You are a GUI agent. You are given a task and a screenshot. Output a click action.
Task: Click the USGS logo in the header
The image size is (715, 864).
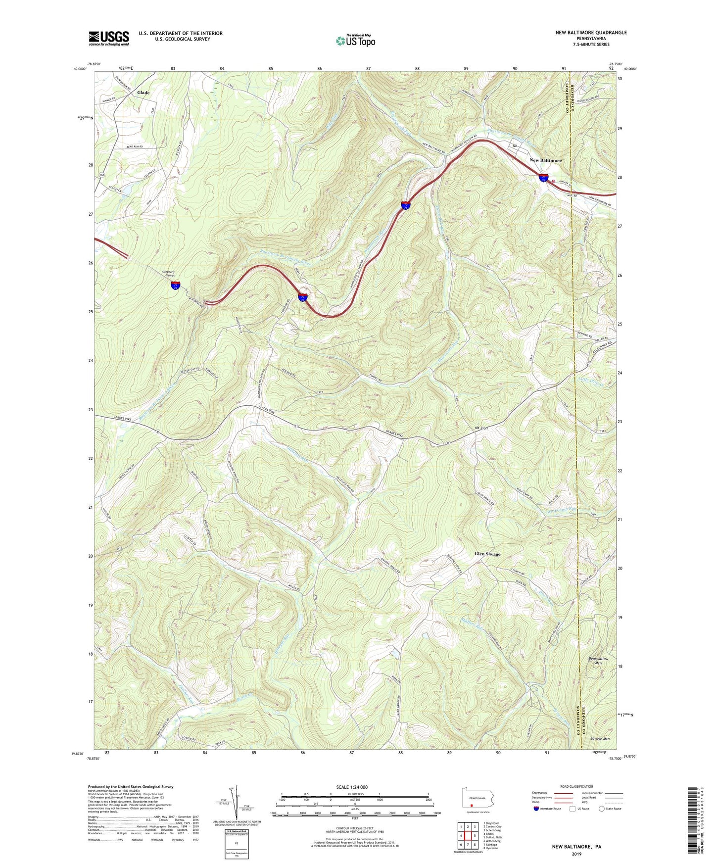pyautogui.click(x=109, y=38)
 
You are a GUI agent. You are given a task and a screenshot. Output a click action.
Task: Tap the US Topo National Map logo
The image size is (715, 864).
pyautogui.click(x=355, y=41)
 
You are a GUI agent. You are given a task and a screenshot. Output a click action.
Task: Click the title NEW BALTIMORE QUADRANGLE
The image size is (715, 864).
pyautogui.click(x=591, y=33)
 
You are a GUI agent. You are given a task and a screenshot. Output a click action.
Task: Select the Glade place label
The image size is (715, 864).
pyautogui.click(x=143, y=93)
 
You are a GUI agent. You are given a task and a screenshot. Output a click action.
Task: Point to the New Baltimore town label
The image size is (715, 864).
pyautogui.click(x=546, y=160)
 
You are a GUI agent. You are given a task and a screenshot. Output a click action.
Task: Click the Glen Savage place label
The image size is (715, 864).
pyautogui.click(x=487, y=554)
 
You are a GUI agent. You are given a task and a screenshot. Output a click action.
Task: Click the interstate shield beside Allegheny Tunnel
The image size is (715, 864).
pyautogui.click(x=176, y=285)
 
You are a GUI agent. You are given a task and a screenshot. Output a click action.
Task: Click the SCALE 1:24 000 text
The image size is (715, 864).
pyautogui.click(x=352, y=787)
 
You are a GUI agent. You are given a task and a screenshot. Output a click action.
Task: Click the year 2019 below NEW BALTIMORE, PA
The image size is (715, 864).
pyautogui.click(x=576, y=854)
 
